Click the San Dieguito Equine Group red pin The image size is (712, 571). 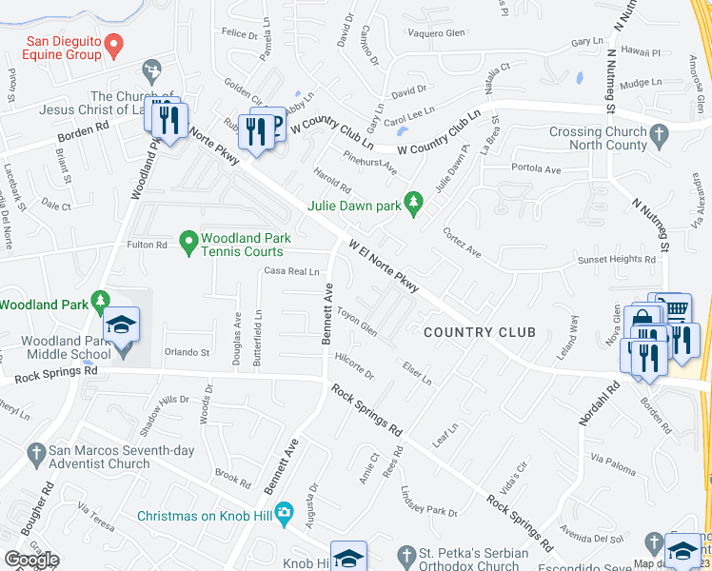click(x=113, y=44)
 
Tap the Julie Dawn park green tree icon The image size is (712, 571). click(x=412, y=202)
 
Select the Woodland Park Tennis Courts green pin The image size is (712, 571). click(x=188, y=245)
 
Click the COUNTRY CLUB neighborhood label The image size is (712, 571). click(x=479, y=332)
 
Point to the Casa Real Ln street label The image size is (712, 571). click(x=291, y=272)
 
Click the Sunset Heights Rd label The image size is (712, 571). click(x=617, y=260)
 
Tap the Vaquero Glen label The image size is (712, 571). click(x=435, y=33)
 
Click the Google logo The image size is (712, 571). click(x=31, y=560)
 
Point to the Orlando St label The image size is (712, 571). click(x=187, y=352)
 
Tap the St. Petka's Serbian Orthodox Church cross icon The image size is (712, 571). click(x=407, y=554)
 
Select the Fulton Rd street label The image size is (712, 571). click(x=148, y=246)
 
